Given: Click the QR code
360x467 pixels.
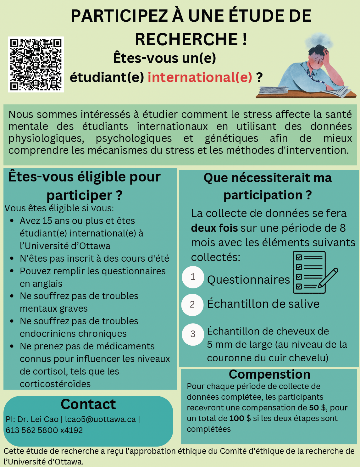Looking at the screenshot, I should pos(36,64).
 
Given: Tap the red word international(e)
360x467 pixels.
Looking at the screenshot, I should pos(200,77).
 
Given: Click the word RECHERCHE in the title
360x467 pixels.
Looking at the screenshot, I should pos(186,40).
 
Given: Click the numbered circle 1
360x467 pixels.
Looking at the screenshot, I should pos(193,277).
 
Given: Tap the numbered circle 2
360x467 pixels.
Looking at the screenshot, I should pos(192,304).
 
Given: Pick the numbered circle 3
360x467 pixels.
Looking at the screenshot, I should pos(193,334).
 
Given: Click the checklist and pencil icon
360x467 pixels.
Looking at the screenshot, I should pos(313,272).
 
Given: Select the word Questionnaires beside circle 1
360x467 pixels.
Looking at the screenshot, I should pos(248,280).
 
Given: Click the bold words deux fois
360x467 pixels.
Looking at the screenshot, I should pos(214,228).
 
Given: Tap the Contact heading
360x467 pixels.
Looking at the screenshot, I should pos(88,404).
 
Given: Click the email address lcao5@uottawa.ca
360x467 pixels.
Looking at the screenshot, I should pos(100,419).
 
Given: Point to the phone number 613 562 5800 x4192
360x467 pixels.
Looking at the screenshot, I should pos(44,430).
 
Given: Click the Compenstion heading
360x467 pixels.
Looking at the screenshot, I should pos(269,375).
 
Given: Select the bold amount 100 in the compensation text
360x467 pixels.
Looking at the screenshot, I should pos(237,419).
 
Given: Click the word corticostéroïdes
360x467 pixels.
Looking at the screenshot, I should pos(55,384).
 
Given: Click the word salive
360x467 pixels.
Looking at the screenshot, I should pos(304,304).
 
